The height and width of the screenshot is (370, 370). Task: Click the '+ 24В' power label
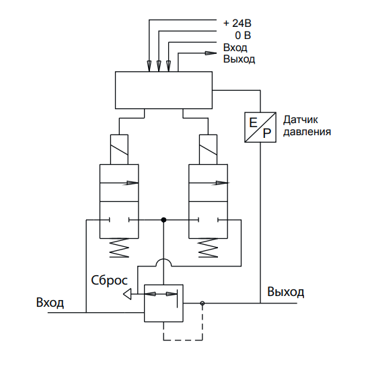[237, 24]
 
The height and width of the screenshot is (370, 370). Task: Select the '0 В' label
[243, 36]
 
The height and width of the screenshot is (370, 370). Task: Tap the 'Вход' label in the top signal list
[235, 48]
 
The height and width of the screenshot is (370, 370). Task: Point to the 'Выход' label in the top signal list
[239, 59]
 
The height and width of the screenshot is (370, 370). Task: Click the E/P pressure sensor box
[260, 127]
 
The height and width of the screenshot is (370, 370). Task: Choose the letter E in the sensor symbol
[253, 122]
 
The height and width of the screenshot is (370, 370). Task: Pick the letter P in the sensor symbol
[267, 133]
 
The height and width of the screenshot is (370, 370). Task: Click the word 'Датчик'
[301, 120]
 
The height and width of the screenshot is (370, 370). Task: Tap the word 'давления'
[307, 132]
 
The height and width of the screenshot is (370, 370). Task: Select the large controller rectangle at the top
[163, 90]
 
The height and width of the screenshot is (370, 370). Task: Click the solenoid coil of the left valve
[119, 149]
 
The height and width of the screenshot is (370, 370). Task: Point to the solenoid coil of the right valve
[208, 149]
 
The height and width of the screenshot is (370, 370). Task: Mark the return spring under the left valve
[119, 248]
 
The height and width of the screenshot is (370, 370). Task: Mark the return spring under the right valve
[208, 248]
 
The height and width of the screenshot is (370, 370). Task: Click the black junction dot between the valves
[163, 220]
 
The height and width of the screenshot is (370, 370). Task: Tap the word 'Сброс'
[109, 281]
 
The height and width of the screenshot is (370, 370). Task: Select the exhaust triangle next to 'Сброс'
[127, 294]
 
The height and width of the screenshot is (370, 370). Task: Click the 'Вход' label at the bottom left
[50, 302]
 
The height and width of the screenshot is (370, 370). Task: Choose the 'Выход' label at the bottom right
[285, 292]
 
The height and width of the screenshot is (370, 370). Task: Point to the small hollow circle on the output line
[202, 303]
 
